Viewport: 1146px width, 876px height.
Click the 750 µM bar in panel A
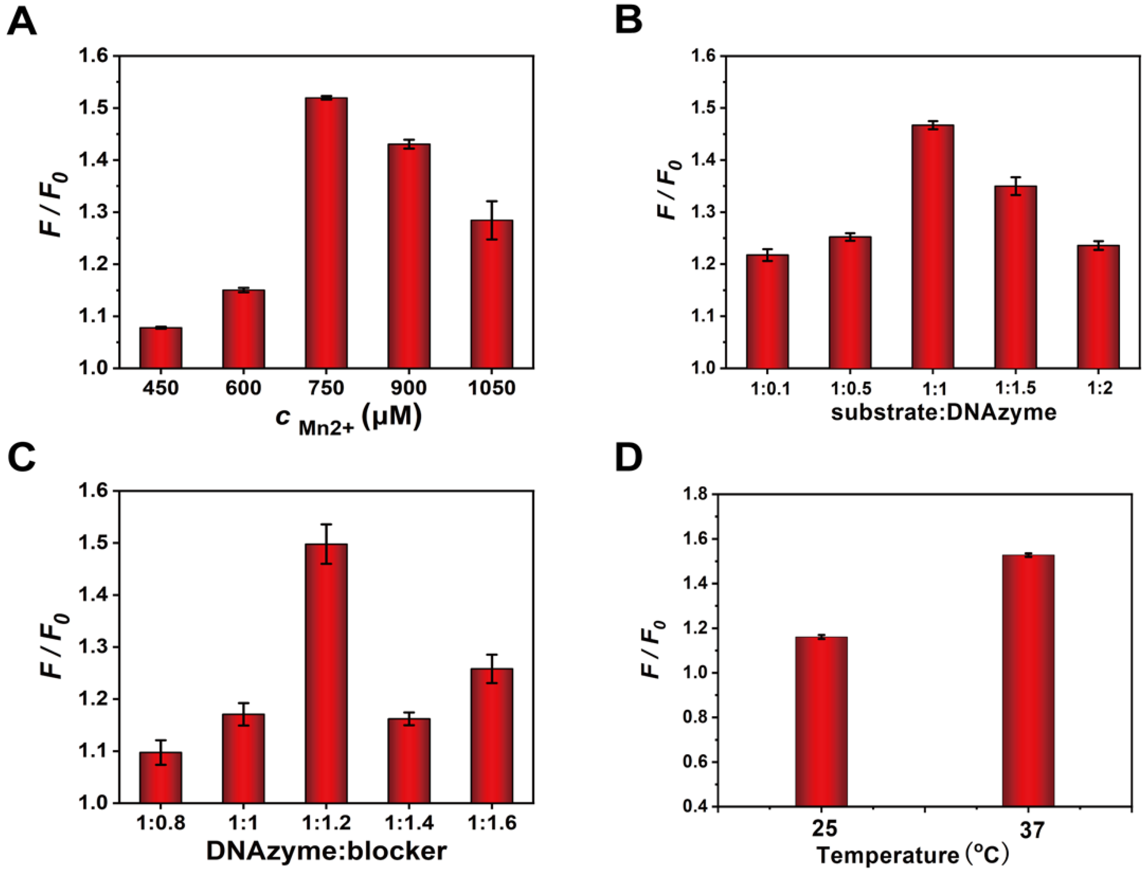[326, 233]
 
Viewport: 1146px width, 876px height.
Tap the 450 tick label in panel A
[161, 388]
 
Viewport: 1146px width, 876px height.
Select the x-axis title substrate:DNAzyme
[943, 412]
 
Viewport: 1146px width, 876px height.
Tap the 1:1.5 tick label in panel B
[1015, 388]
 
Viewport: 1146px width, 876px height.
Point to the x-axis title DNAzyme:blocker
[326, 851]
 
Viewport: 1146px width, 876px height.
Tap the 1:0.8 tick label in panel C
[161, 823]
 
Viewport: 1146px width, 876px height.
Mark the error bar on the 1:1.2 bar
[326, 544]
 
